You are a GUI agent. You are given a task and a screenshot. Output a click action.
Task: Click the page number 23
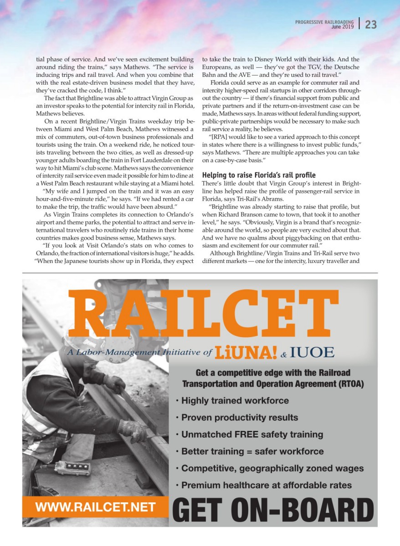(370, 25)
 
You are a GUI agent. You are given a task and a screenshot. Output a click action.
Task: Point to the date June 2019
(342, 27)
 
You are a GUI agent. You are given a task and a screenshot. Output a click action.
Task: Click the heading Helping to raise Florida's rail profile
(258, 175)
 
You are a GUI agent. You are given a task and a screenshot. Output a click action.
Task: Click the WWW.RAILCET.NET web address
(96, 507)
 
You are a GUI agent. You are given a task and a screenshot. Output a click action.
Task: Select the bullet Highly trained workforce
(235, 401)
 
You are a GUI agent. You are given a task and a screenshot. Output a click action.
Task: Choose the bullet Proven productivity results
(240, 418)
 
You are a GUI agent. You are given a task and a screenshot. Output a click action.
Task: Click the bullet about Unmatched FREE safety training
(252, 435)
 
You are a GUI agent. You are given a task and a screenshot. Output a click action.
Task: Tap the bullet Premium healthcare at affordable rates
(267, 485)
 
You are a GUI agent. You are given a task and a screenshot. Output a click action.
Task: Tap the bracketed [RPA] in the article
(220, 136)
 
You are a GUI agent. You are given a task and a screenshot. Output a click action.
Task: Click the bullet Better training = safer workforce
(252, 452)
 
